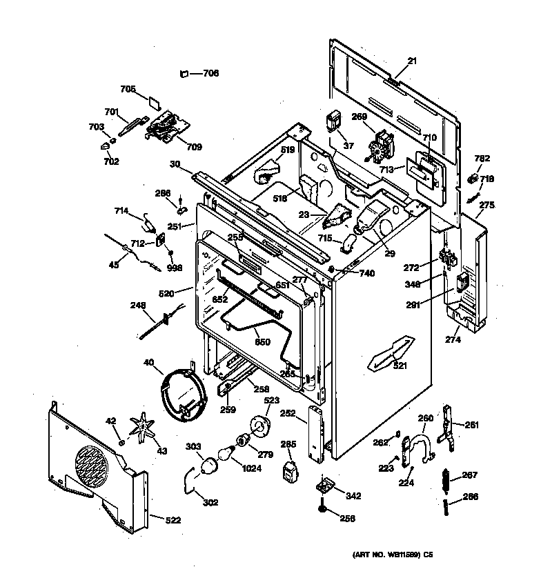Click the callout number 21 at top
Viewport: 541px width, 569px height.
(x=412, y=62)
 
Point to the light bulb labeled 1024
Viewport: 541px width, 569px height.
(x=225, y=454)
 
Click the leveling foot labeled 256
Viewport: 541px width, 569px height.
(x=322, y=510)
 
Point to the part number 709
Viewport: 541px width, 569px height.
(x=194, y=147)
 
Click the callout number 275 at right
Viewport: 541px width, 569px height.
(x=487, y=205)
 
